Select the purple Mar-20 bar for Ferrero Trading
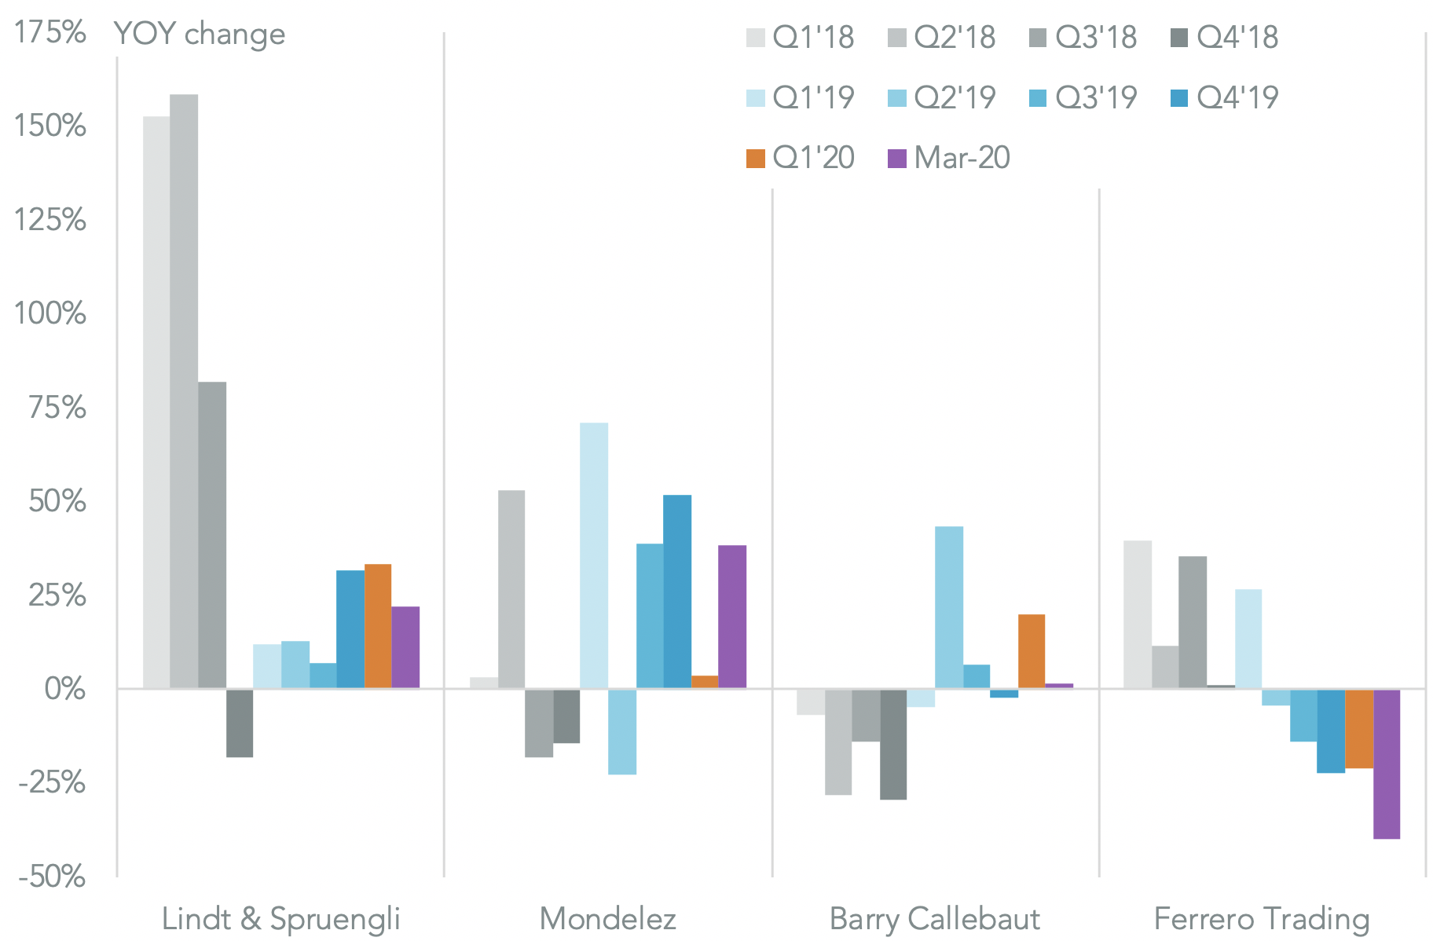1387,763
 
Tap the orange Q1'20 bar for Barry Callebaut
1032,651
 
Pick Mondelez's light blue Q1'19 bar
594,555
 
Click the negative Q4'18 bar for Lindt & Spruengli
240,723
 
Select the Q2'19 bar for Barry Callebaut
949,607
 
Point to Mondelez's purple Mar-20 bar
732,617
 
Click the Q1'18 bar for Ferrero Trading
1138,614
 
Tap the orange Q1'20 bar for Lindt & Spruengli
378,626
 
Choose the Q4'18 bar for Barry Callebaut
893,744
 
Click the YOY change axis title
200,34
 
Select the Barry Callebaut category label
935,918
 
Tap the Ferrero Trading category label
1262,918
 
